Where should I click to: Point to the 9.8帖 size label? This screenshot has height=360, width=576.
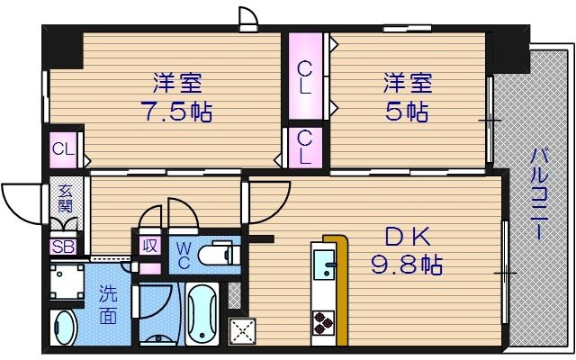[408, 265]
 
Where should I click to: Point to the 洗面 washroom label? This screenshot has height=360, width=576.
[108, 304]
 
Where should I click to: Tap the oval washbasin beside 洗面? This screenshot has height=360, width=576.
[64, 328]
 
